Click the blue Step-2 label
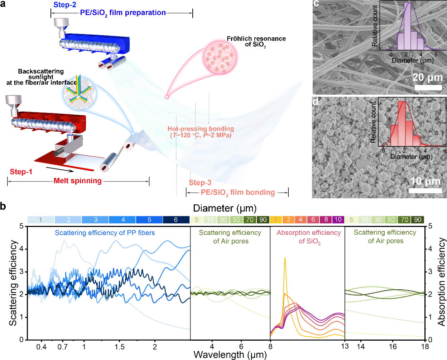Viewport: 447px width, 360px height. coord(65,5)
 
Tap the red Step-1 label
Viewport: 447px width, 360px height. coord(21,172)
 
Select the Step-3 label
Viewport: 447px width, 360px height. coord(200,183)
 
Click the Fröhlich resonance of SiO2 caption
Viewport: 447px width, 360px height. coord(256,41)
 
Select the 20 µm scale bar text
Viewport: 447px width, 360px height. coord(427,77)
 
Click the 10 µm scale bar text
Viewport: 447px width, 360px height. coord(426,181)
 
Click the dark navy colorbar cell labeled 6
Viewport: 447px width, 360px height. coord(176,220)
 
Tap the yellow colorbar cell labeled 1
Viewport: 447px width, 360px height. coord(276,220)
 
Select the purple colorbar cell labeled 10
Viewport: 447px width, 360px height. coord(338,220)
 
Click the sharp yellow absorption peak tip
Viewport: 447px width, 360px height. coord(285,258)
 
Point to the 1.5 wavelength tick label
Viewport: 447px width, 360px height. coord(119,347)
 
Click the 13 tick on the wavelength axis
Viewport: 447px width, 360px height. coord(345,346)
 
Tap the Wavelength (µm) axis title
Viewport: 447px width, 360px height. coord(230,355)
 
